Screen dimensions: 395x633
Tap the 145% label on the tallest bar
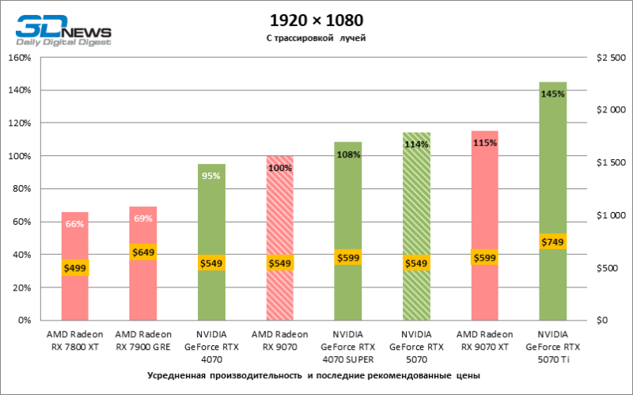pyautogui.click(x=552, y=93)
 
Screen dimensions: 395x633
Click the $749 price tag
pyautogui.click(x=552, y=241)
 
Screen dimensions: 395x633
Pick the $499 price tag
pyautogui.click(x=74, y=268)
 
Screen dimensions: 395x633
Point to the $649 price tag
pyautogui.click(x=143, y=252)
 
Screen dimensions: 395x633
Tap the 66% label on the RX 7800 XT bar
pyautogui.click(x=74, y=224)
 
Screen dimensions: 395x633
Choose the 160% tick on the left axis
pyautogui.click(x=19, y=58)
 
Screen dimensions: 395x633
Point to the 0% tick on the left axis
pyautogui.click(x=24, y=321)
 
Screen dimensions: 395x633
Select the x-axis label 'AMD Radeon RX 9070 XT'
pyautogui.click(x=484, y=340)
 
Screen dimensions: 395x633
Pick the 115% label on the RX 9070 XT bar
pyautogui.click(x=484, y=143)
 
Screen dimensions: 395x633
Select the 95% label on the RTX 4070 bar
pyautogui.click(x=211, y=176)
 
